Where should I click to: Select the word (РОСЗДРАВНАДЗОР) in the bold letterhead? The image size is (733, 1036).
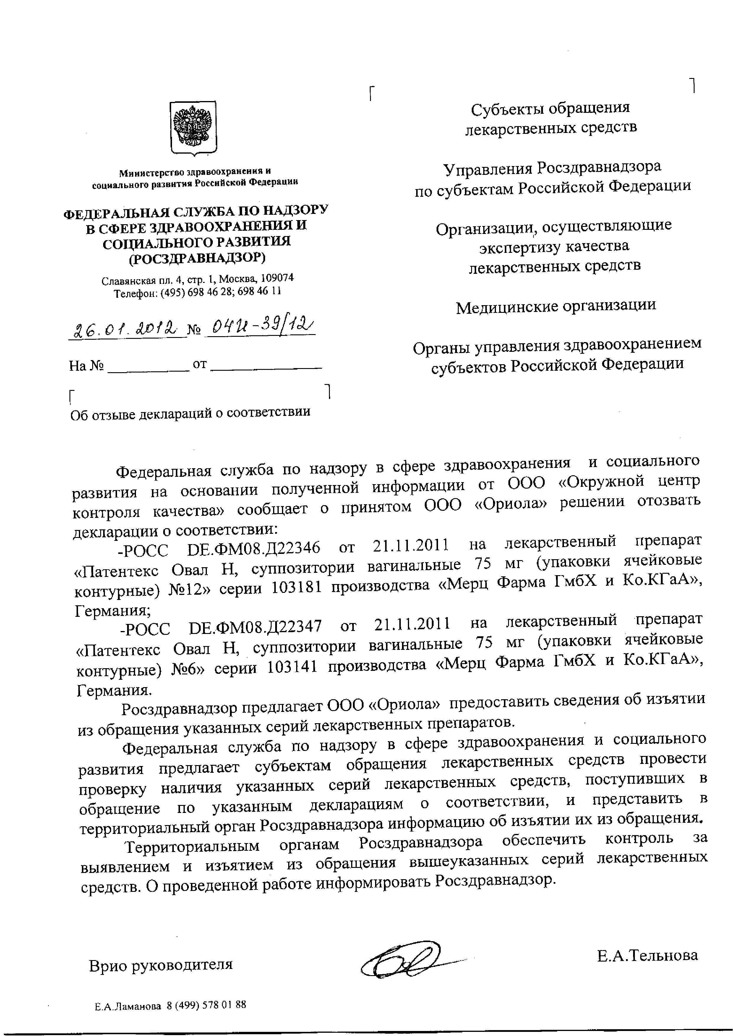click(197, 258)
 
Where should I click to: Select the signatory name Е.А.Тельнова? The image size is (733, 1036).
click(647, 955)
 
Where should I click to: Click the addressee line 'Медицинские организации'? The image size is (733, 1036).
click(556, 306)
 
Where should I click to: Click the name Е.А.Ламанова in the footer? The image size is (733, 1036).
click(128, 1005)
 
